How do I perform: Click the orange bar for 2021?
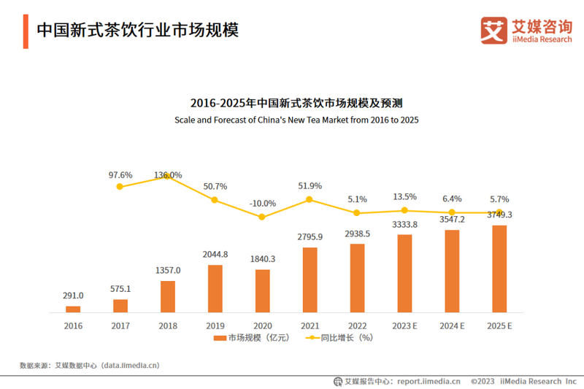(x=310, y=280)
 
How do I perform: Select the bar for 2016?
(x=73, y=309)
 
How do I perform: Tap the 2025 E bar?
(x=499, y=269)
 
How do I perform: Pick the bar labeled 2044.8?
(x=215, y=288)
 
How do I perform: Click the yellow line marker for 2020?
(x=262, y=217)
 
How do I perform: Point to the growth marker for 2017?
(x=120, y=187)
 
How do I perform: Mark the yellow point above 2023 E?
(x=404, y=210)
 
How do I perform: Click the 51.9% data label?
(x=310, y=186)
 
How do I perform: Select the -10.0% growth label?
(x=262, y=203)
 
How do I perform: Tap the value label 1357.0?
(x=167, y=270)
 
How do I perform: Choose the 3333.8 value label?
(x=404, y=224)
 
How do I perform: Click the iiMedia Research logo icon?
(x=493, y=30)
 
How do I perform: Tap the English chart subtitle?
(x=296, y=119)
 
